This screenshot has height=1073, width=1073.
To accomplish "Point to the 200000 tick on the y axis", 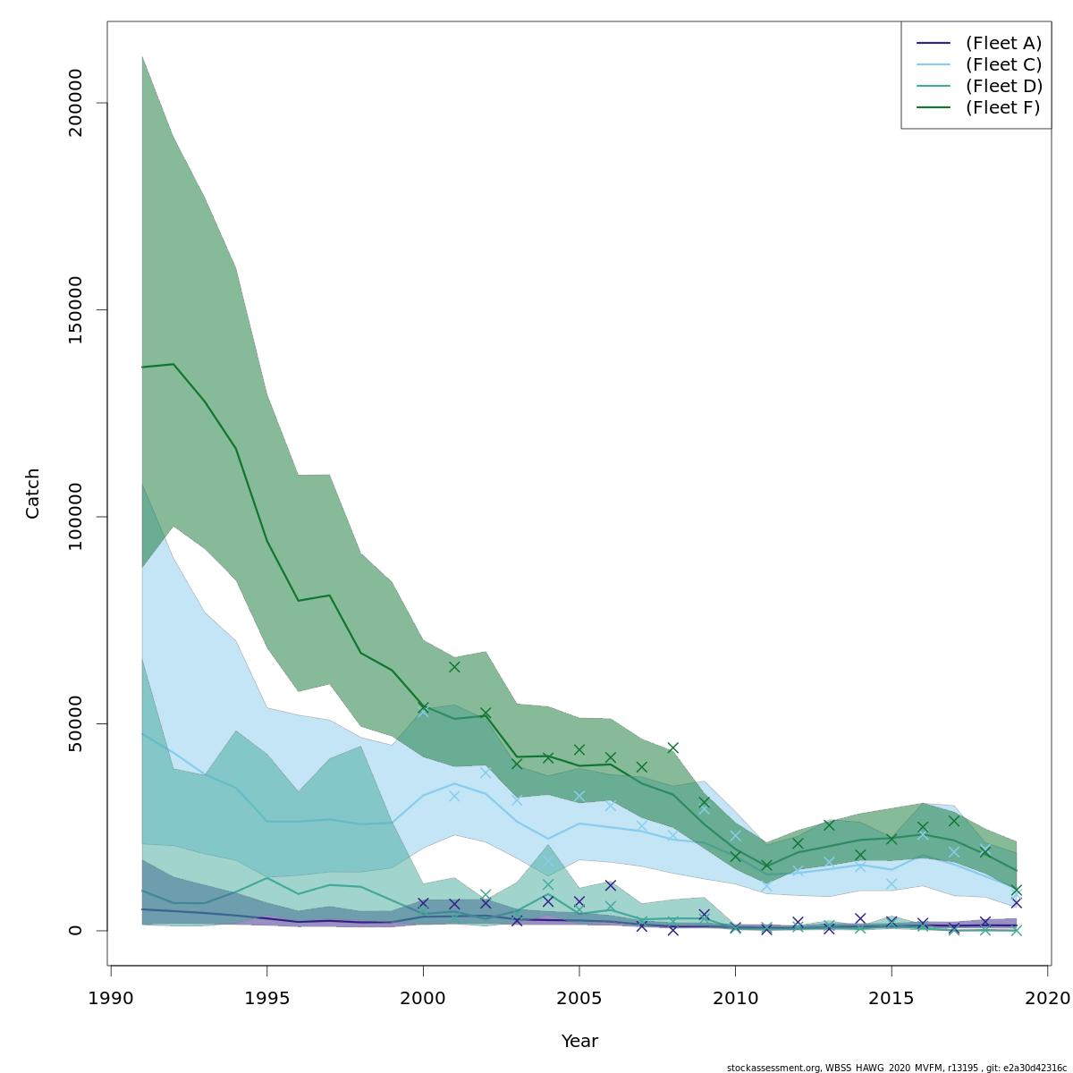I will tap(75, 103).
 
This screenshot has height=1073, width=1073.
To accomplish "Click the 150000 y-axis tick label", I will tap(75, 309).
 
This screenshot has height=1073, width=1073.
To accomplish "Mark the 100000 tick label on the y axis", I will tap(75, 517).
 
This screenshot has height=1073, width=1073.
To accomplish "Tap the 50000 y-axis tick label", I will tap(75, 723).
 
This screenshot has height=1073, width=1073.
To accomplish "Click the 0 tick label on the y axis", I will tap(75, 930).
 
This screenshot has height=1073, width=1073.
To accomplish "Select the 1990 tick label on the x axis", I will tap(111, 998).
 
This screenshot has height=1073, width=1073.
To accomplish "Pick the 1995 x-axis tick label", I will tap(267, 998).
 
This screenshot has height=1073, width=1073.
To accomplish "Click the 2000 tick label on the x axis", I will tap(423, 998).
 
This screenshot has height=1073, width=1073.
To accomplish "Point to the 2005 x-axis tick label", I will tap(579, 998).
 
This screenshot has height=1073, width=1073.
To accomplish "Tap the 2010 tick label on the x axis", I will tap(735, 998).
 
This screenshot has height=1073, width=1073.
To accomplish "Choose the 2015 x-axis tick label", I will tap(891, 998).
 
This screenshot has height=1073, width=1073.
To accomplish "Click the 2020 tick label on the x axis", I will tap(1047, 998).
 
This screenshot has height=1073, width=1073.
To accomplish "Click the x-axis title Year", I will tap(579, 1042).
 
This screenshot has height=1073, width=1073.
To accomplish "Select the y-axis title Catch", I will tap(33, 493).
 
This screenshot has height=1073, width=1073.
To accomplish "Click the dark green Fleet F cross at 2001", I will tap(454, 666).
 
